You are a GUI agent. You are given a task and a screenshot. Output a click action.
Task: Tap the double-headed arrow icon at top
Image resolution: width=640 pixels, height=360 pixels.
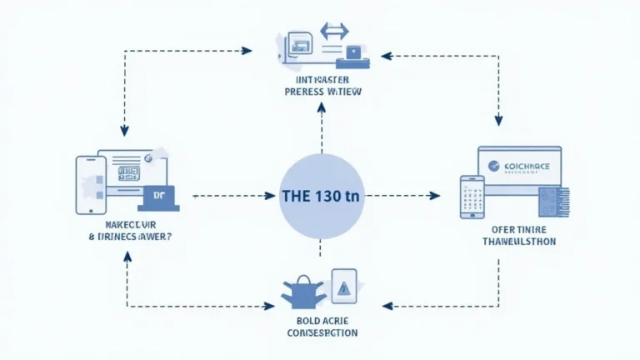(x=334, y=32)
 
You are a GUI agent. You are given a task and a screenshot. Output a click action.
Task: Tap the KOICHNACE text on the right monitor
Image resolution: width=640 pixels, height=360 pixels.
(x=527, y=166)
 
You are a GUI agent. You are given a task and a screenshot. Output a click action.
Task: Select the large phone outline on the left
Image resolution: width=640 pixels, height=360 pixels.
(x=88, y=186)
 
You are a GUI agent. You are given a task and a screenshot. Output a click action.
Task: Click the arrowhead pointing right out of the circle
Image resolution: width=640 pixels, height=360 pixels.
(x=434, y=197)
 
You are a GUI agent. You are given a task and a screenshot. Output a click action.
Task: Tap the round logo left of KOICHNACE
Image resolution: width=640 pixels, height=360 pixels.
(x=492, y=166)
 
